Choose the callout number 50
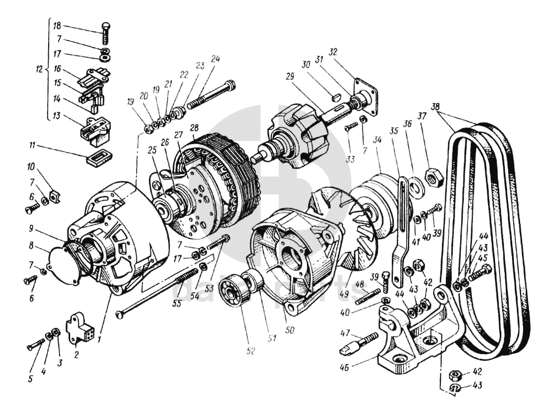[290, 331]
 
